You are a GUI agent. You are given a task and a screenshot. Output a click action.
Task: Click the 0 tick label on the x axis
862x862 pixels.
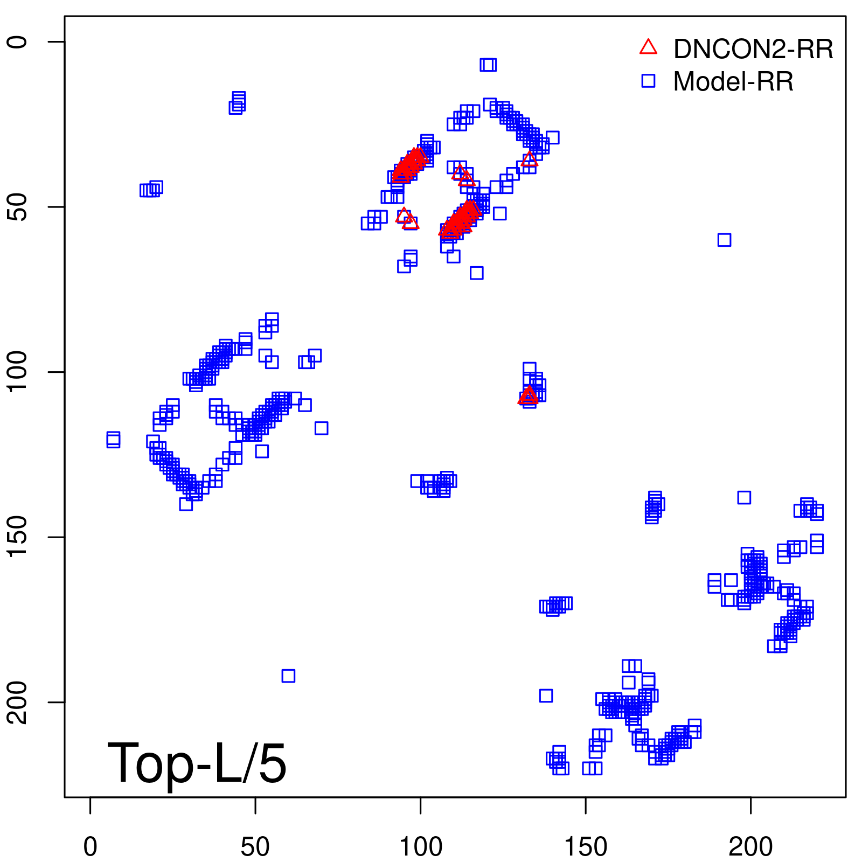90,847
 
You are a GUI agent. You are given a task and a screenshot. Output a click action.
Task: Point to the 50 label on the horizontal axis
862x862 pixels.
255,847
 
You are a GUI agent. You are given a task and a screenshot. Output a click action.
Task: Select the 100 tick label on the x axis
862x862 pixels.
420,847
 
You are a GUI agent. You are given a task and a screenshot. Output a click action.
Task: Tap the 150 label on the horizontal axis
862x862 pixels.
586,847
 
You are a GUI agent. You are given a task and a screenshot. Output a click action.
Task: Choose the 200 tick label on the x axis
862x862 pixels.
750,847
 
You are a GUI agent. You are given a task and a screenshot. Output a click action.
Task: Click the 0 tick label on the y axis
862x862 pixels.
17,42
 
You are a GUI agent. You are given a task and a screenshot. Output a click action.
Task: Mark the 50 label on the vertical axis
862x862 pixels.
17,207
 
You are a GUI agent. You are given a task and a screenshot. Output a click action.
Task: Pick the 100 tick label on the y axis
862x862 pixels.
17,372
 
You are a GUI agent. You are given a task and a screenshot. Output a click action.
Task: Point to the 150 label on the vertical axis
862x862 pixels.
17,537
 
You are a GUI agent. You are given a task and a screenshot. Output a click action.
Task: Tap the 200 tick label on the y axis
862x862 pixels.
17,702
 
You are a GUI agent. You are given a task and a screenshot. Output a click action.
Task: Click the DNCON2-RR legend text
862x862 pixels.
753,50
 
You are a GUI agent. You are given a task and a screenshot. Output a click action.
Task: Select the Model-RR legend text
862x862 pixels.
733,82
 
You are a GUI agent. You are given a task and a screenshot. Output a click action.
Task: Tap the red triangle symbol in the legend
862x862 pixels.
648,47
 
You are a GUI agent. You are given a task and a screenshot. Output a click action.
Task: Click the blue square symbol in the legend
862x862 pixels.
648,81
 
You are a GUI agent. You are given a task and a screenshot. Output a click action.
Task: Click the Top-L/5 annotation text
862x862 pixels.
197,763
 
